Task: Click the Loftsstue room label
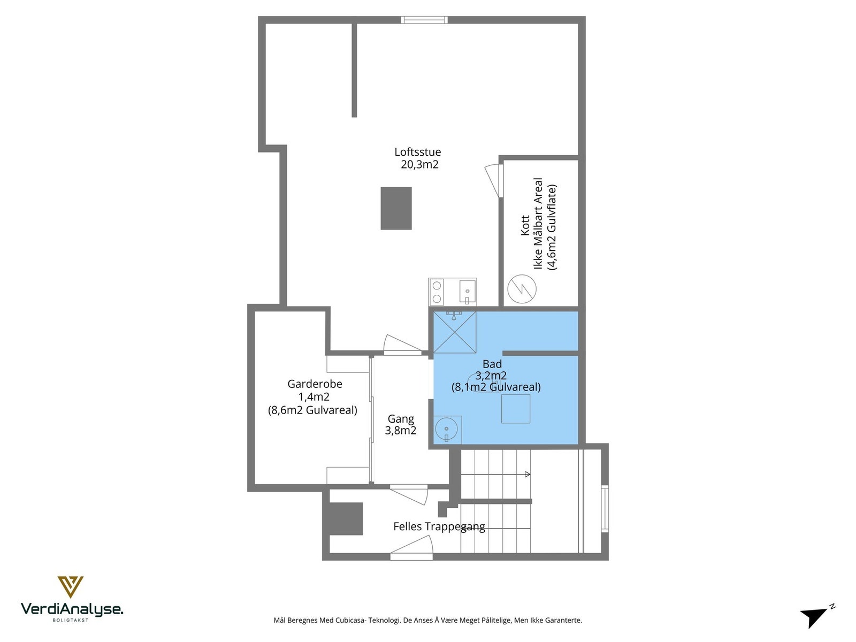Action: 417,152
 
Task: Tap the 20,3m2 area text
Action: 419,165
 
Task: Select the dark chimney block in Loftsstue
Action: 396,208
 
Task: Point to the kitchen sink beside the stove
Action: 467,292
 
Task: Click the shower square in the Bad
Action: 454,332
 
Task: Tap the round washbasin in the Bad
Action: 446,429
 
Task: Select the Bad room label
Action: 492,364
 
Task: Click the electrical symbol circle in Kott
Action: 522,289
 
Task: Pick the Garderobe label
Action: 315,384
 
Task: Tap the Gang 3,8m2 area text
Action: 401,431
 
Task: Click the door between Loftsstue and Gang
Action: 402,346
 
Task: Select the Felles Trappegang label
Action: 439,526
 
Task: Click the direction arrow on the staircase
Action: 527,474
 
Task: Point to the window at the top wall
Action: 424,20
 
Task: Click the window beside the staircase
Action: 605,508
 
